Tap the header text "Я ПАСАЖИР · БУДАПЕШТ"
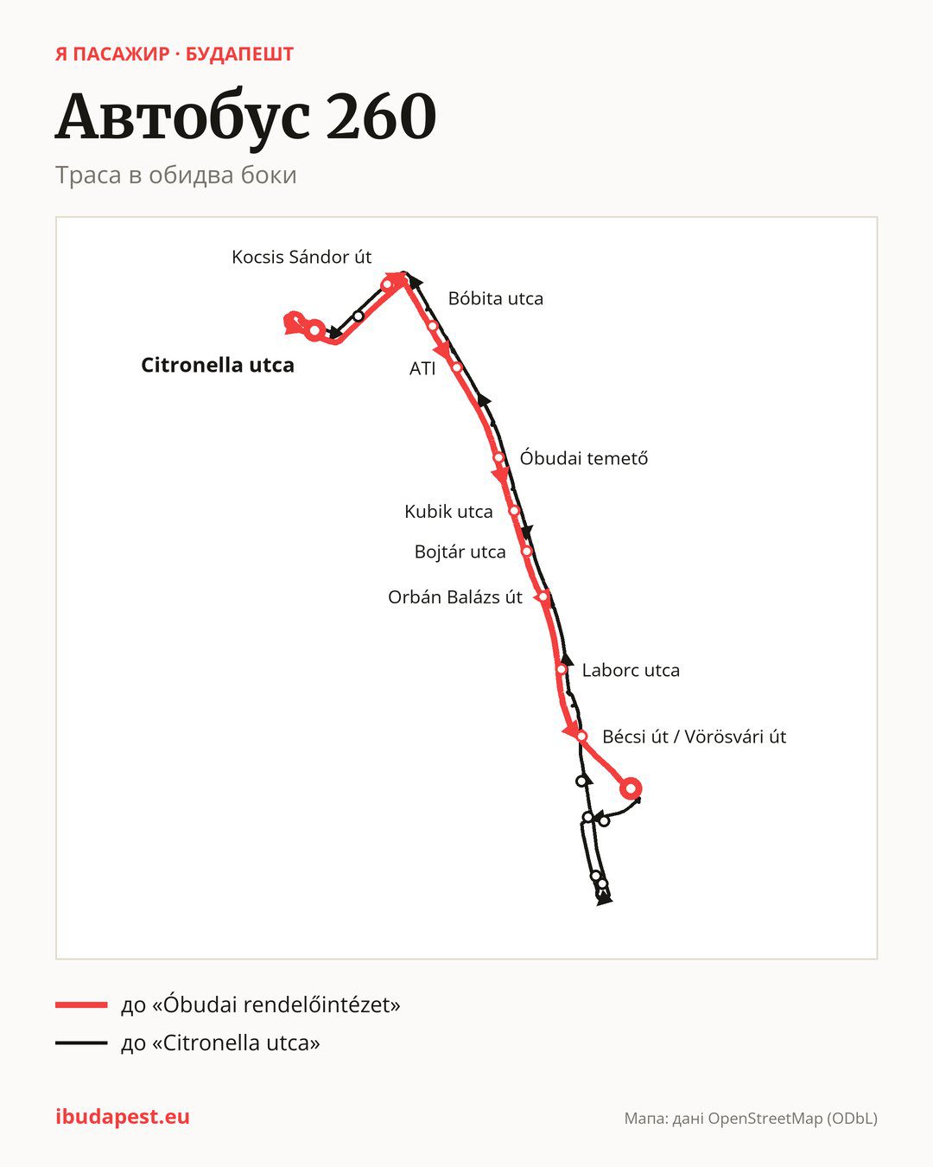pyautogui.click(x=174, y=54)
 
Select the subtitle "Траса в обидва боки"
pyautogui.click(x=176, y=175)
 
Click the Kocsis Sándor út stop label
pyautogui.click(x=301, y=257)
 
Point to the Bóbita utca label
pyautogui.click(x=496, y=299)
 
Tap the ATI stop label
pyautogui.click(x=422, y=369)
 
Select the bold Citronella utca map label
pyautogui.click(x=218, y=365)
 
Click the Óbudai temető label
pyautogui.click(x=584, y=458)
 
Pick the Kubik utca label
pyautogui.click(x=448, y=512)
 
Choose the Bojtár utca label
pyautogui.click(x=460, y=552)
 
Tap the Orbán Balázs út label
pyautogui.click(x=455, y=597)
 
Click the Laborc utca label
pyautogui.click(x=631, y=670)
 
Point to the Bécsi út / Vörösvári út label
pyautogui.click(x=694, y=737)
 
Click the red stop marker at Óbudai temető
pyautogui.click(x=498, y=457)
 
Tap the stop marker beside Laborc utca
pyautogui.click(x=562, y=670)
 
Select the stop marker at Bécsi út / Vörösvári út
pyautogui.click(x=581, y=737)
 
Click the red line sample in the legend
pyautogui.click(x=81, y=1004)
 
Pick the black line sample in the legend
pyautogui.click(x=81, y=1043)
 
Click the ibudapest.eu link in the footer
pyautogui.click(x=123, y=1117)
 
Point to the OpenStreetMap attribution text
pyautogui.click(x=751, y=1119)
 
